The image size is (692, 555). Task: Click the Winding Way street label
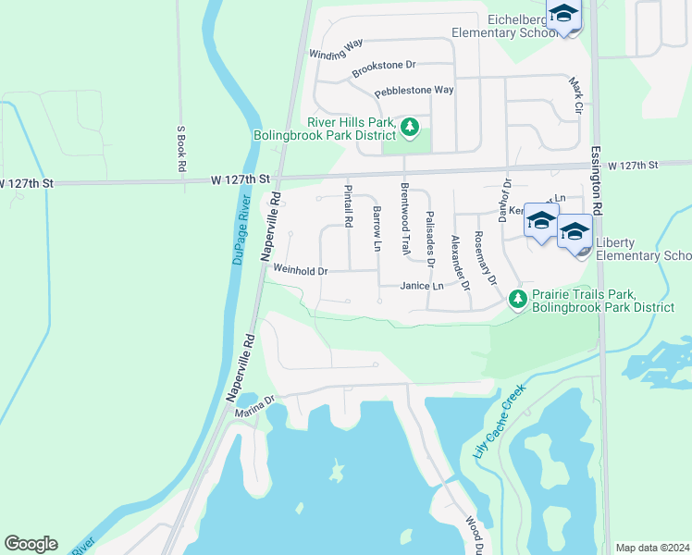point(336,49)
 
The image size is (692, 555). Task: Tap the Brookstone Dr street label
point(385,69)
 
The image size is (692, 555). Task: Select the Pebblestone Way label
point(414,92)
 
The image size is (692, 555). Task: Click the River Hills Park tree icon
point(410,126)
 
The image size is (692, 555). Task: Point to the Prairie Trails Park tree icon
point(518,299)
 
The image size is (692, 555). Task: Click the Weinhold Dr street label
point(301,271)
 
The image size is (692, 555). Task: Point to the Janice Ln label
point(422,287)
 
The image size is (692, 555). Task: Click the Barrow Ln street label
point(377,229)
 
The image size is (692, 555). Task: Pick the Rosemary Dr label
point(485,257)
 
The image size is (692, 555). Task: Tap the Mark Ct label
point(578,96)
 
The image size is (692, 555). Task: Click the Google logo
point(31,544)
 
